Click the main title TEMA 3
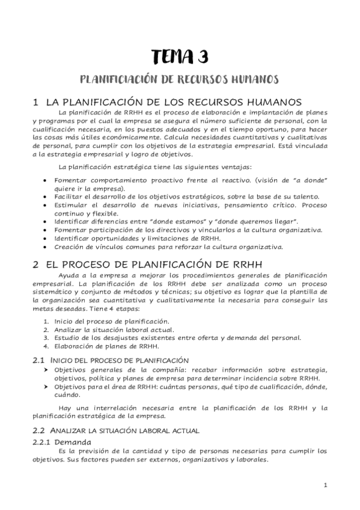click(180, 57)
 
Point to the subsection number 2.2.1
click(43, 442)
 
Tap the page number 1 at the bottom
click(325, 485)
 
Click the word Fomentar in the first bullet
click(71, 180)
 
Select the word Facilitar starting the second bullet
click(70, 197)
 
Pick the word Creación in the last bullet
click(70, 246)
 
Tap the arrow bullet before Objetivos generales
click(46, 369)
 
